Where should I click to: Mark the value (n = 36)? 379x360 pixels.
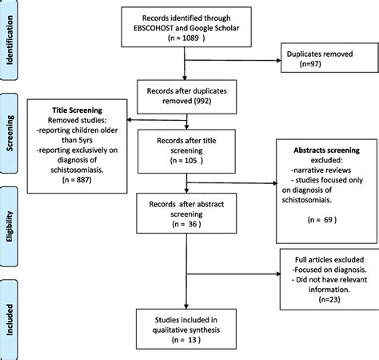pyautogui.click(x=185, y=225)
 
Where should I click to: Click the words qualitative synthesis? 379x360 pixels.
pyautogui.click(x=186, y=328)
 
